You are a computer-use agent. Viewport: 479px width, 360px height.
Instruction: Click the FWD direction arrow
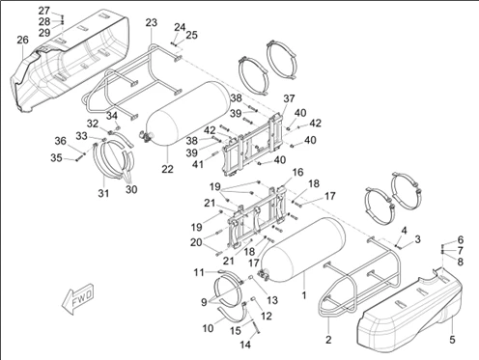click(77, 299)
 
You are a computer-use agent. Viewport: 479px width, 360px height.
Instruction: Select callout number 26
click(23, 40)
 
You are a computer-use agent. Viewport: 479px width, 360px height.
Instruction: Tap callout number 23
click(152, 22)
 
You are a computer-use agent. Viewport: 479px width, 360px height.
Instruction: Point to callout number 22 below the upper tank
click(167, 169)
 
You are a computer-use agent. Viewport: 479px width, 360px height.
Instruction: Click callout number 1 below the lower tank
click(304, 294)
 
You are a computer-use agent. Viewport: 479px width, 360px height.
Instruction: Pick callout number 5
click(452, 340)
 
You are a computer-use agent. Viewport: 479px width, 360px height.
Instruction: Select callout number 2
click(328, 340)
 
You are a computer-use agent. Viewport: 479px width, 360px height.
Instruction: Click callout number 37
click(289, 98)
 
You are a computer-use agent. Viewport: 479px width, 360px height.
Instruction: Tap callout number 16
click(297, 172)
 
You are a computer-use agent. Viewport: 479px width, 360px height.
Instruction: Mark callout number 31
click(103, 193)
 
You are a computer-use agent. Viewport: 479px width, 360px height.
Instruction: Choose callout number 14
click(245, 345)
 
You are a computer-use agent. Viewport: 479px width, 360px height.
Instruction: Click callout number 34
click(112, 116)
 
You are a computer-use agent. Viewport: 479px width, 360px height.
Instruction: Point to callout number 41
click(198, 164)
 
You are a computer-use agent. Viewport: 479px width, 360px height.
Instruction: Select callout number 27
click(44, 11)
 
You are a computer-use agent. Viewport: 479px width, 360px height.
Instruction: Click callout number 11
click(199, 272)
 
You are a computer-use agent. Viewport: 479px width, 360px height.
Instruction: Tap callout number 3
click(417, 239)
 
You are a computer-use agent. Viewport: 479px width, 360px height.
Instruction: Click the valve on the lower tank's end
click(265, 274)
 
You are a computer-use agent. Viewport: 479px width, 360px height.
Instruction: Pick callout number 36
click(60, 141)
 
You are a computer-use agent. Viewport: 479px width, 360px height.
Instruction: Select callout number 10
click(208, 328)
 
